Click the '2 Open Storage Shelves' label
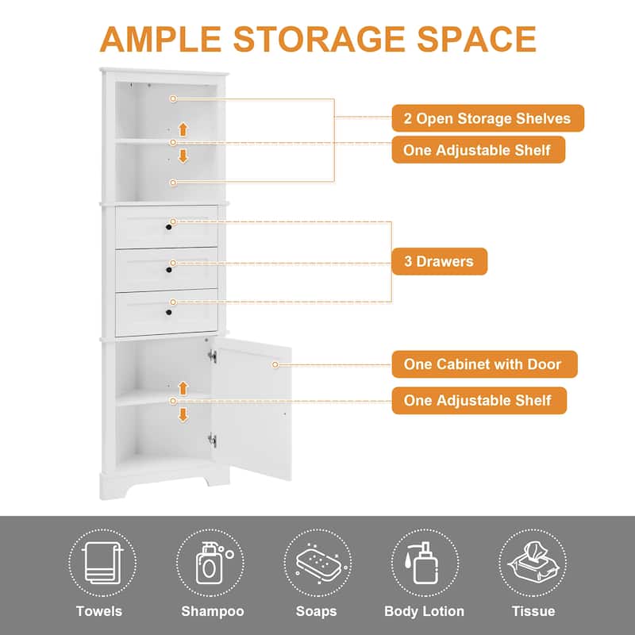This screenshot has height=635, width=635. [x=487, y=118]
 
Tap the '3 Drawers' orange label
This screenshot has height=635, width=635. [x=439, y=261]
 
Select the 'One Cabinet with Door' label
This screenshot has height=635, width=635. [x=484, y=364]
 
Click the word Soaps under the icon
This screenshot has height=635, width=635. [x=316, y=611]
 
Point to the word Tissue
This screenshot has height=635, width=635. [x=533, y=611]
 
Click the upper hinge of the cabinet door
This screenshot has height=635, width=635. [x=212, y=356]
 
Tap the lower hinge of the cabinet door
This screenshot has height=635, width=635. [x=212, y=438]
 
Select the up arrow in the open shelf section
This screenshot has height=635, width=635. [x=183, y=129]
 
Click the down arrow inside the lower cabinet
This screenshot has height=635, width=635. [x=183, y=414]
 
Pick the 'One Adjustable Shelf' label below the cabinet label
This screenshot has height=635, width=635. [x=479, y=401]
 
